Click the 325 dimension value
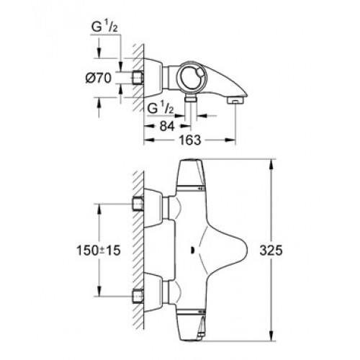point(271,251)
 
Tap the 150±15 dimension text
point(99,251)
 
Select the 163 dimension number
point(189,140)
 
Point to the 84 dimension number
point(167,126)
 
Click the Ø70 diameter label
point(99,78)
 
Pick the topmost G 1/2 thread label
point(104,27)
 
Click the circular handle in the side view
point(191,77)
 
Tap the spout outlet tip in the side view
point(235,100)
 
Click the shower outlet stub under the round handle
point(191,99)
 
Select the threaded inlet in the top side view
point(138,78)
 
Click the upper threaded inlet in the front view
point(138,204)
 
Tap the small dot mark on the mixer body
point(192,251)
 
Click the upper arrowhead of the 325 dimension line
point(271,165)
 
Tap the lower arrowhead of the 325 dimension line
point(271,335)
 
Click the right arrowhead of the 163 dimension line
point(230,140)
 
